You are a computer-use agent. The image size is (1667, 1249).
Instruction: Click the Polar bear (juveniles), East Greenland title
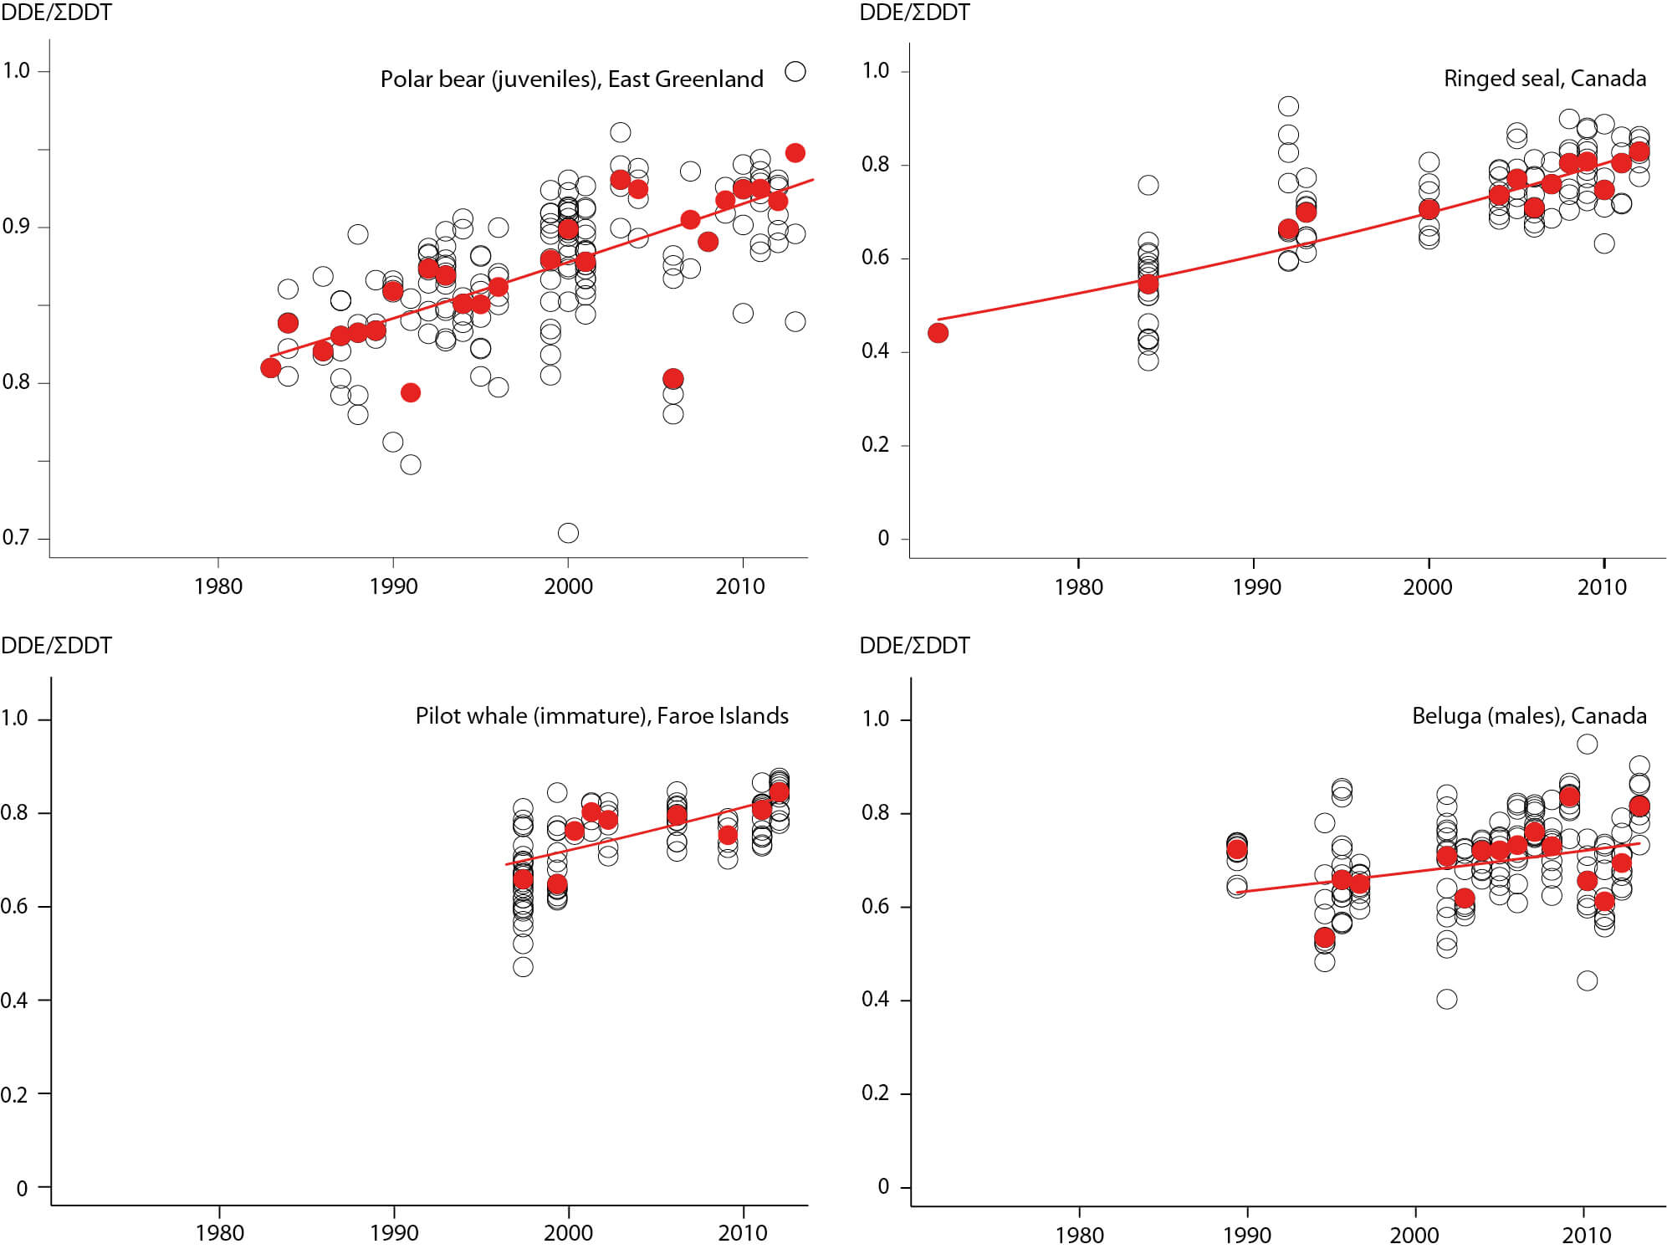click(x=571, y=79)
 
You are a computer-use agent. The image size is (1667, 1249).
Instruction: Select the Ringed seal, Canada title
click(x=1544, y=79)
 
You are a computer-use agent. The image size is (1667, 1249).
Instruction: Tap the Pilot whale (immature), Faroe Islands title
click(x=601, y=716)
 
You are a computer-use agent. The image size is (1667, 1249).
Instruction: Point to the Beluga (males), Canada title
click(x=1529, y=716)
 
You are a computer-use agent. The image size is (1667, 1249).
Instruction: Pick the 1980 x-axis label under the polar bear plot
click(x=218, y=586)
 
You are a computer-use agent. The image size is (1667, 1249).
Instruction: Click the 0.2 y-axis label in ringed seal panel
click(x=875, y=444)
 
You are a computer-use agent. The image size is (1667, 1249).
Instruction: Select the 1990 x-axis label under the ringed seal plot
click(x=1256, y=586)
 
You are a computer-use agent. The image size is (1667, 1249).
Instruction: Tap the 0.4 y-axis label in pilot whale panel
click(x=14, y=1001)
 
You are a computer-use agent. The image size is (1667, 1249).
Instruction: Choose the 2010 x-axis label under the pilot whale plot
click(x=743, y=1233)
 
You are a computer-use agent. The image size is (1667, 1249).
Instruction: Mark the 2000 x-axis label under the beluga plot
click(x=1414, y=1235)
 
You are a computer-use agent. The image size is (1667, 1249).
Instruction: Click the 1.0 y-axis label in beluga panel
click(x=875, y=719)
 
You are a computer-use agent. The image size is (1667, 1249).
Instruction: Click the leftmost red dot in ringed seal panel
click(x=938, y=333)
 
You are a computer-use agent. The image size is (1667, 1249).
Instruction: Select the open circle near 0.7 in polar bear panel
click(x=568, y=533)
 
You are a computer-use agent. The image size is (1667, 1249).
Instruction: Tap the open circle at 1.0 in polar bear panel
click(x=795, y=72)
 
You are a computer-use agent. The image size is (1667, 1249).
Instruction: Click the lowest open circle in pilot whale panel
click(x=523, y=967)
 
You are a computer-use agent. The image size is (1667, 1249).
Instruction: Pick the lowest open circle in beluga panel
click(x=1447, y=999)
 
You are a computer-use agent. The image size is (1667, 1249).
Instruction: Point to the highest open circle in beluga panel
click(x=1587, y=744)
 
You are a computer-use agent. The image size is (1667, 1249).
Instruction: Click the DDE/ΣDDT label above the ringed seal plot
click(x=914, y=13)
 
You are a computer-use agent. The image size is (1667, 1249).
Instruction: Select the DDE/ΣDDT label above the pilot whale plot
click(x=56, y=646)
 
